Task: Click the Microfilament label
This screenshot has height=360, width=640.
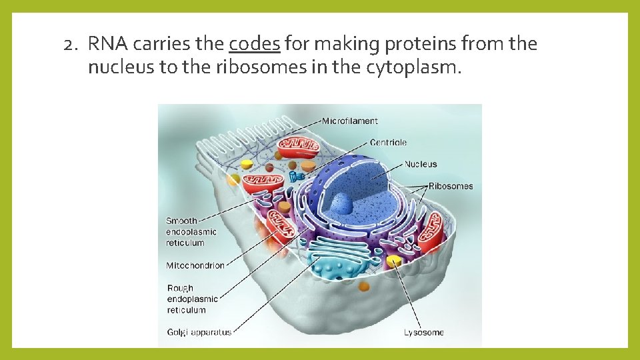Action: click(349, 121)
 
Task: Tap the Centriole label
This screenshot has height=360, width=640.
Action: click(388, 143)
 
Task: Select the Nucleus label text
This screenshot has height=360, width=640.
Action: click(421, 164)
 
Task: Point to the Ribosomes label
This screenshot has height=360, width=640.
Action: click(451, 186)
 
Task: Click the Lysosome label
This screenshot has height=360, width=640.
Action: click(423, 332)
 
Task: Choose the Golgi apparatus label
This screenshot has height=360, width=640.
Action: click(199, 332)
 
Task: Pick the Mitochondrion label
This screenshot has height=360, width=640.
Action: click(195, 265)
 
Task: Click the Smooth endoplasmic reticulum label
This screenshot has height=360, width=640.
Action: click(191, 232)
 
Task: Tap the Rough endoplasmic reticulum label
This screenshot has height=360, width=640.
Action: click(192, 299)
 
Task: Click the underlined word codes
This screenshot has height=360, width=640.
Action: click(254, 45)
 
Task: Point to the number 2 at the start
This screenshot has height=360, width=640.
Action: click(69, 45)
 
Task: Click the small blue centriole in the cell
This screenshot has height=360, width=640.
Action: click(296, 176)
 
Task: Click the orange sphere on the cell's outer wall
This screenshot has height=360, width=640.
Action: click(363, 286)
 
